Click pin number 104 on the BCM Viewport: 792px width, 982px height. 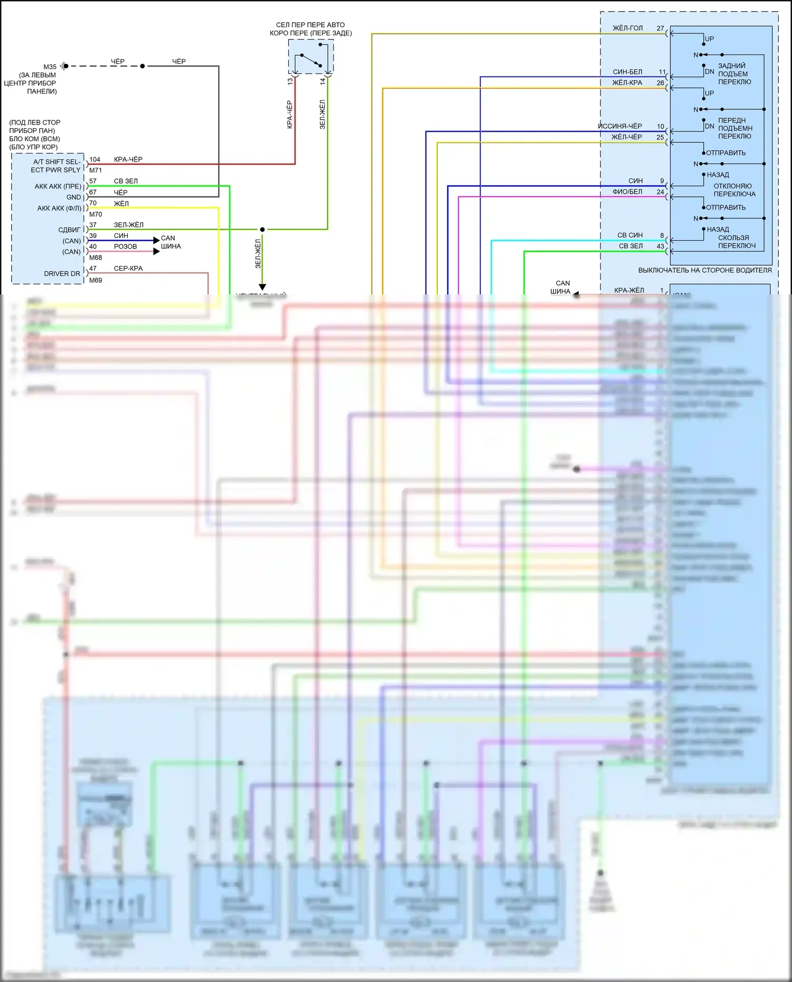tap(95, 159)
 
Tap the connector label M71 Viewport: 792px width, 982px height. tap(96, 170)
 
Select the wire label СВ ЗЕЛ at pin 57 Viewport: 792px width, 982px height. tap(126, 181)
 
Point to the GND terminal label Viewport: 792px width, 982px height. tap(73, 197)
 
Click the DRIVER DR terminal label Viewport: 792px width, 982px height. tap(62, 274)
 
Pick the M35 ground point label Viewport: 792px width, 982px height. tap(50, 67)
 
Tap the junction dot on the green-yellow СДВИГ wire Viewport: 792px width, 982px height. tap(262, 230)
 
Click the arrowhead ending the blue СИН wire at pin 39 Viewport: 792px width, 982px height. tap(156, 241)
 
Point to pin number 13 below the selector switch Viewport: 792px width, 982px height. tap(290, 81)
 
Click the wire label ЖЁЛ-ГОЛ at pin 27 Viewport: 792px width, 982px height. tap(627, 28)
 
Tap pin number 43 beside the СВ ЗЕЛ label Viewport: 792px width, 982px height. tap(660, 246)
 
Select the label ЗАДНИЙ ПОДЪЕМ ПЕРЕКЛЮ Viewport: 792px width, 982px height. tap(734, 74)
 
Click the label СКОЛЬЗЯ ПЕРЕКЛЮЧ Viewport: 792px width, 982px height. tap(736, 242)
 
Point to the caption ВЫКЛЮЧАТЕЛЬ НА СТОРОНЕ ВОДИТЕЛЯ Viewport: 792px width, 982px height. tap(704, 271)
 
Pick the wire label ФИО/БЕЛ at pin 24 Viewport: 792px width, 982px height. tap(627, 192)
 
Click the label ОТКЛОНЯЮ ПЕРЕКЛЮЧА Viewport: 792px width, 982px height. tap(734, 190)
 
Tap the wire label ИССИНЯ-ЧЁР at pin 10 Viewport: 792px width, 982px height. tap(620, 127)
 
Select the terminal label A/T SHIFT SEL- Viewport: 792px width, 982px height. tap(56, 162)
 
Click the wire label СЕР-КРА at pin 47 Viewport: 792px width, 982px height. tap(128, 269)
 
